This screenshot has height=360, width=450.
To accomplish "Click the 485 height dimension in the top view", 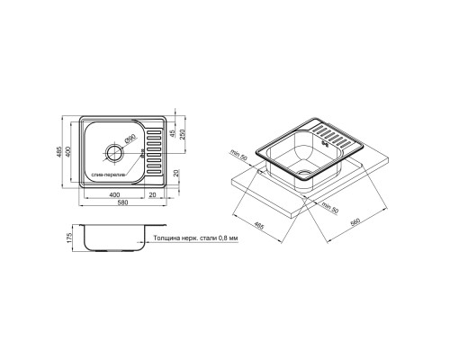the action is pos(58,152).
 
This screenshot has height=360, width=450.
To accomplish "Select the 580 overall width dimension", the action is pos(123,202).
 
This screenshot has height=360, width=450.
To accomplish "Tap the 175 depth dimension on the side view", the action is pos(70,238).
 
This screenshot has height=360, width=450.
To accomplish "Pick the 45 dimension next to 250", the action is pos(172,133).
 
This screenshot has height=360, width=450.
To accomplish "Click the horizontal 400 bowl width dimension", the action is pos(114,194).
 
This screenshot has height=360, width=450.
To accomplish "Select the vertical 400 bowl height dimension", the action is pos(67,152).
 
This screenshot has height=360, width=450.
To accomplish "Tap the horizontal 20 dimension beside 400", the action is pos(152,194).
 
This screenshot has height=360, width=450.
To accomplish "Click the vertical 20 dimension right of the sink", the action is pos(176,173).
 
